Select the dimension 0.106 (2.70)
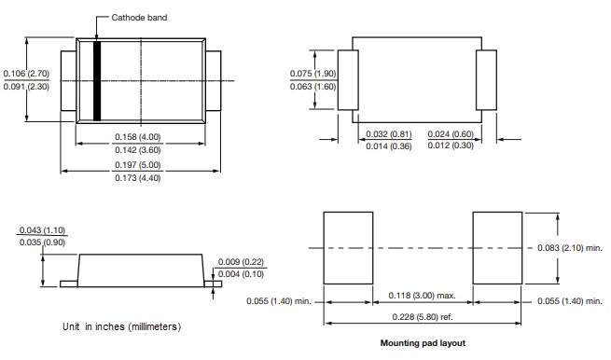coord(26,73)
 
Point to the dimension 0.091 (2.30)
coord(26,87)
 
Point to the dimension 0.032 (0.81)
coord(388,133)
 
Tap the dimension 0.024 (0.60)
coord(451,133)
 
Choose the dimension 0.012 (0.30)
coord(451,146)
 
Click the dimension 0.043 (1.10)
coord(42,230)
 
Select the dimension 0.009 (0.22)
coord(241,261)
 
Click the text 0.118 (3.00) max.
coord(422,296)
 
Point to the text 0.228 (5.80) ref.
coord(422,317)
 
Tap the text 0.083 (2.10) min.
coord(570,248)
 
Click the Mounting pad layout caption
coord(422,343)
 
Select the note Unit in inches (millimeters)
coord(121,326)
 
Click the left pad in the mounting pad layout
coord(347,247)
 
